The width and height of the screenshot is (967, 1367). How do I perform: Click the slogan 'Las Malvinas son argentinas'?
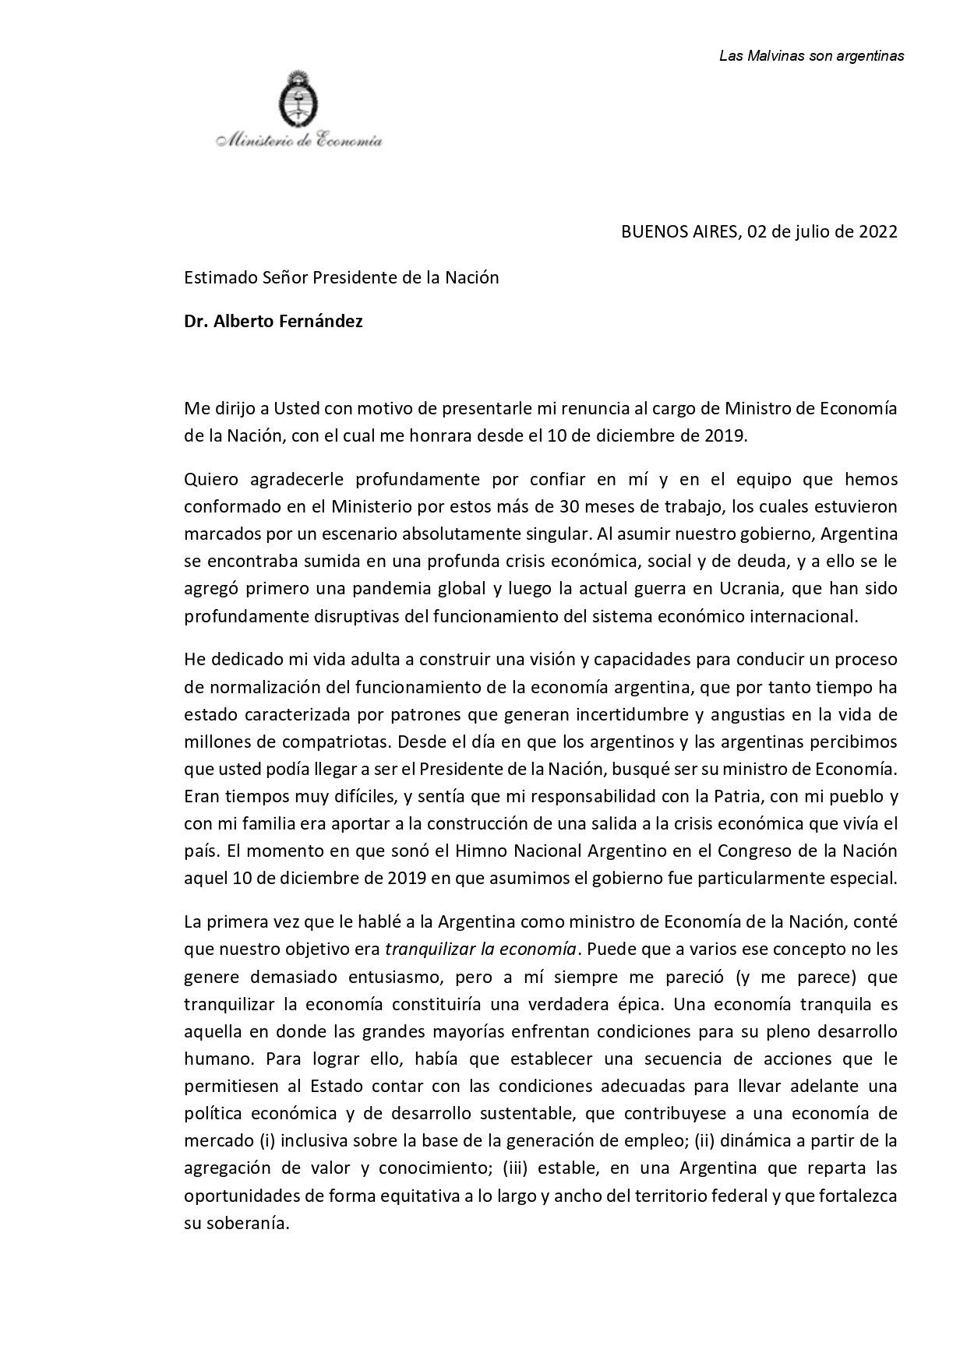811,56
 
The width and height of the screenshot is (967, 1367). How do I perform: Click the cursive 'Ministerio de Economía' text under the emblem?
300,141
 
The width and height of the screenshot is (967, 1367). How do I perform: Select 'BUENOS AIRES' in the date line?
677,232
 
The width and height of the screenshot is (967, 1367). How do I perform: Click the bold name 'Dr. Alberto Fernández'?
274,322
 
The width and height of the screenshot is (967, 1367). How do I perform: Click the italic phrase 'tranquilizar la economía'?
481,950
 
